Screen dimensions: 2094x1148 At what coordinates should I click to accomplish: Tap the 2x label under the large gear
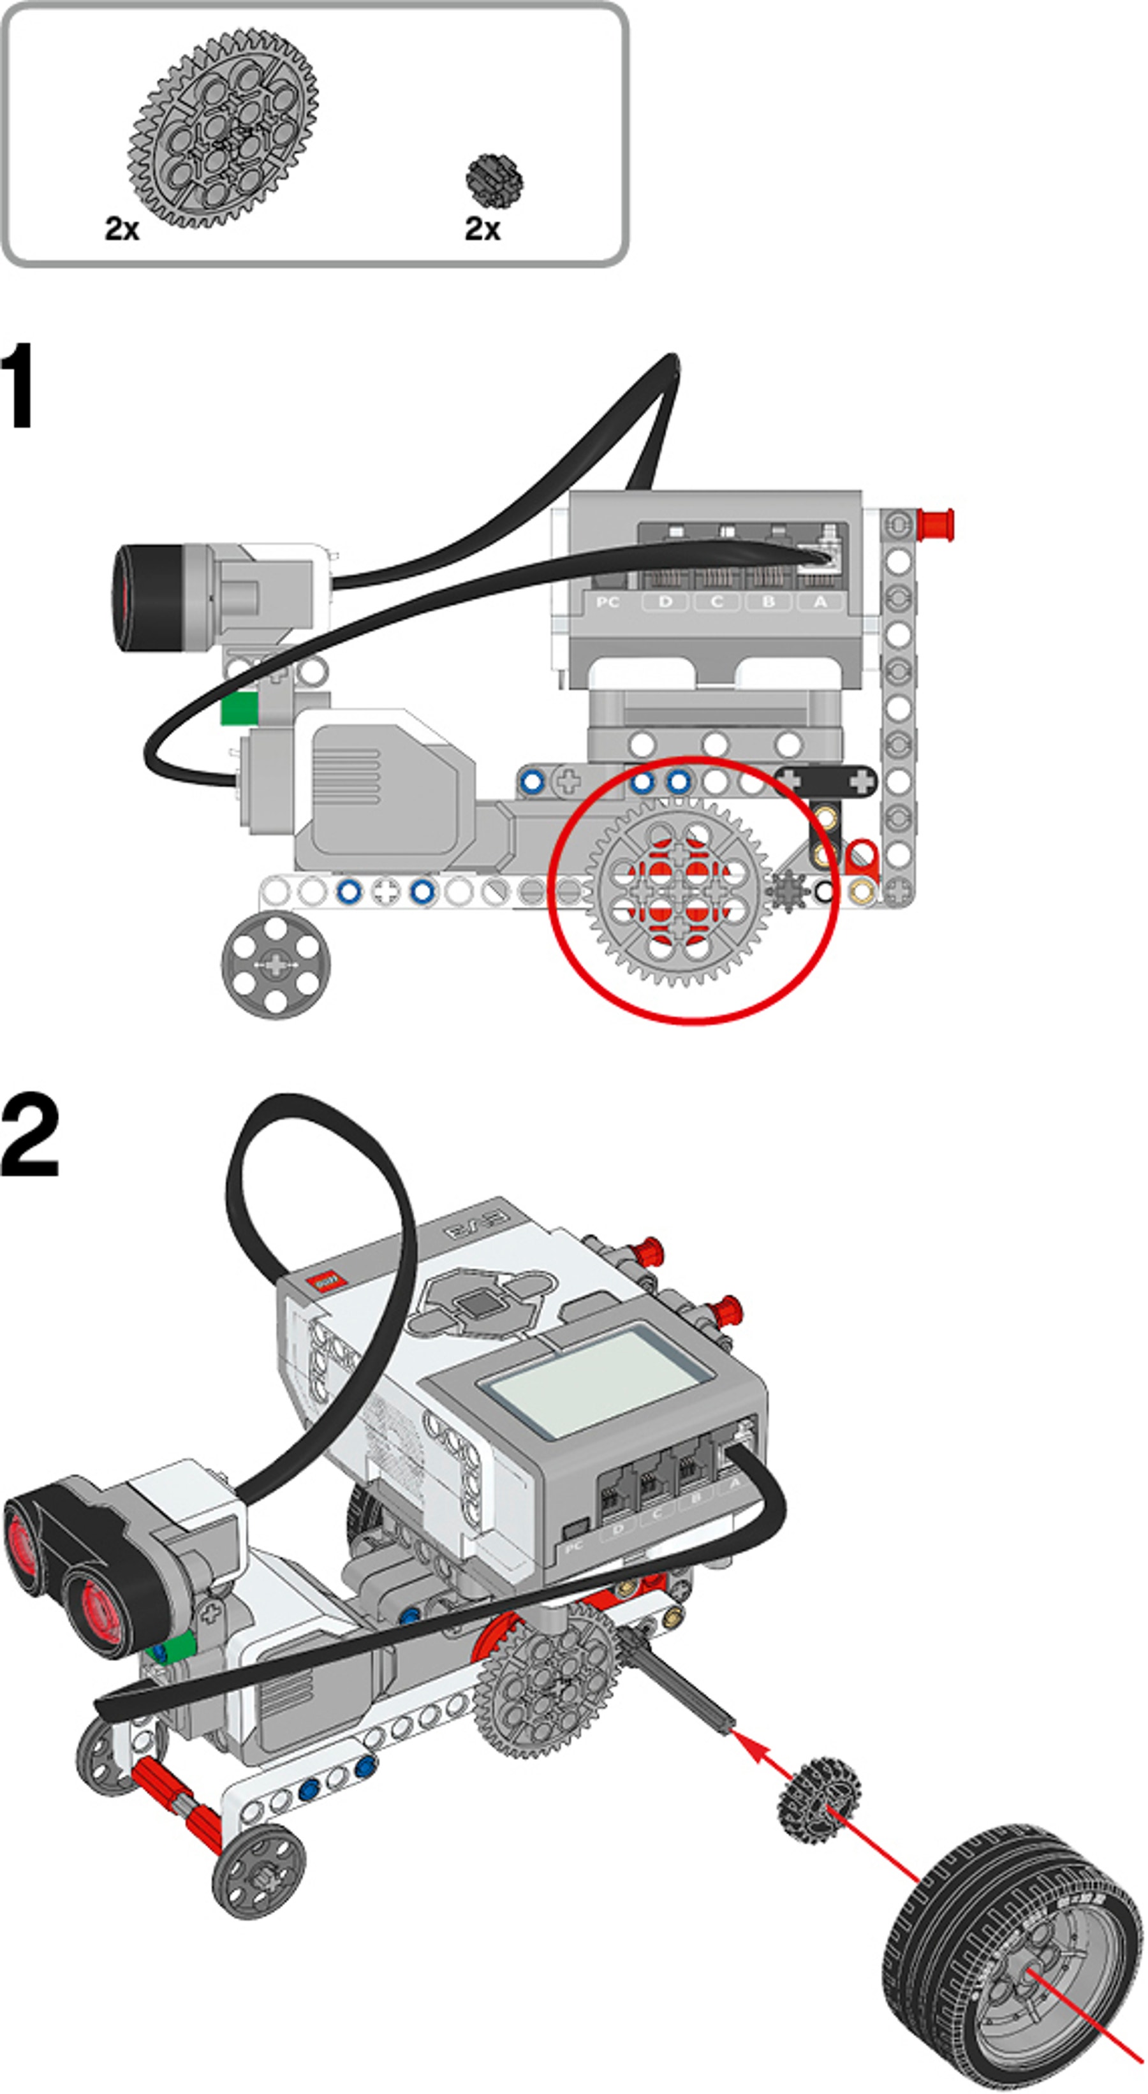pyautogui.click(x=122, y=228)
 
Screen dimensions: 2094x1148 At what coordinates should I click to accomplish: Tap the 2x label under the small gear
pyautogui.click(x=482, y=228)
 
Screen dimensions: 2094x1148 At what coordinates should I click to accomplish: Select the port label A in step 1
pyautogui.click(x=820, y=601)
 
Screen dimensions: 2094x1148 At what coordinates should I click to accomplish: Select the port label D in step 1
pyautogui.click(x=665, y=601)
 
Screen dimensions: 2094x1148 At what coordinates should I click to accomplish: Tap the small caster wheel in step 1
pyautogui.click(x=276, y=964)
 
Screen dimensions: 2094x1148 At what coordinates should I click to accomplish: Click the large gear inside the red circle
pyautogui.click(x=677, y=892)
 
